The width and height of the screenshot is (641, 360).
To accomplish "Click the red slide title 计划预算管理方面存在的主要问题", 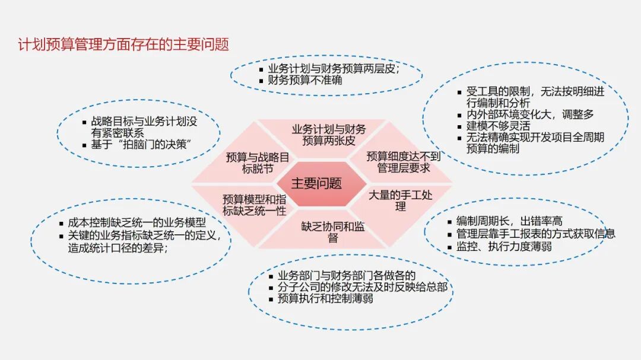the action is [x=123, y=44].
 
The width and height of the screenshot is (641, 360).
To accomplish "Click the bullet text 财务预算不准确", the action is [x=305, y=80].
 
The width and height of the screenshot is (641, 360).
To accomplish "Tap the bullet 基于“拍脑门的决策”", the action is [x=141, y=144].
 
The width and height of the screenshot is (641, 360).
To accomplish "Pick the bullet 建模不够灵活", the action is [x=499, y=126].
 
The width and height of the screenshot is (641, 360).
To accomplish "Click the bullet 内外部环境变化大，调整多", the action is [x=530, y=114].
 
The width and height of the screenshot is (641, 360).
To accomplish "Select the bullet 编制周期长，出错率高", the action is [x=509, y=221].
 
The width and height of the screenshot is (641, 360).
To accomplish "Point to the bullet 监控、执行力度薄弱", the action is [x=504, y=246].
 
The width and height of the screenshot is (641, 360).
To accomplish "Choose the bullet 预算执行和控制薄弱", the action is [x=325, y=298].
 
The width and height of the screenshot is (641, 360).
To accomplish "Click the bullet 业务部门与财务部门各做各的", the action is [x=347, y=275].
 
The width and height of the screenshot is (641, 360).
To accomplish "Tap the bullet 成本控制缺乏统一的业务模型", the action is [x=137, y=222].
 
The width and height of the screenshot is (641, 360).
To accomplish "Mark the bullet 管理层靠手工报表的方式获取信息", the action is [x=536, y=234].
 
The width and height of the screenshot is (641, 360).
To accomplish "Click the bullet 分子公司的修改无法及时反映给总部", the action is [x=363, y=287].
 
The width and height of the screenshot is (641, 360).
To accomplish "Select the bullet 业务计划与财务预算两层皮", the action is [x=334, y=69].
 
